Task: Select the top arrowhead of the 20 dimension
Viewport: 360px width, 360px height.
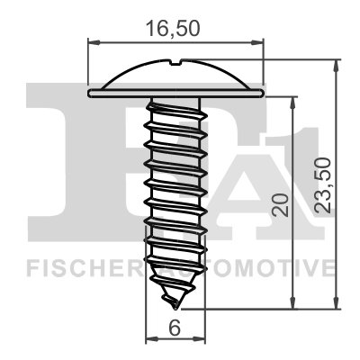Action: [x=292, y=100]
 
